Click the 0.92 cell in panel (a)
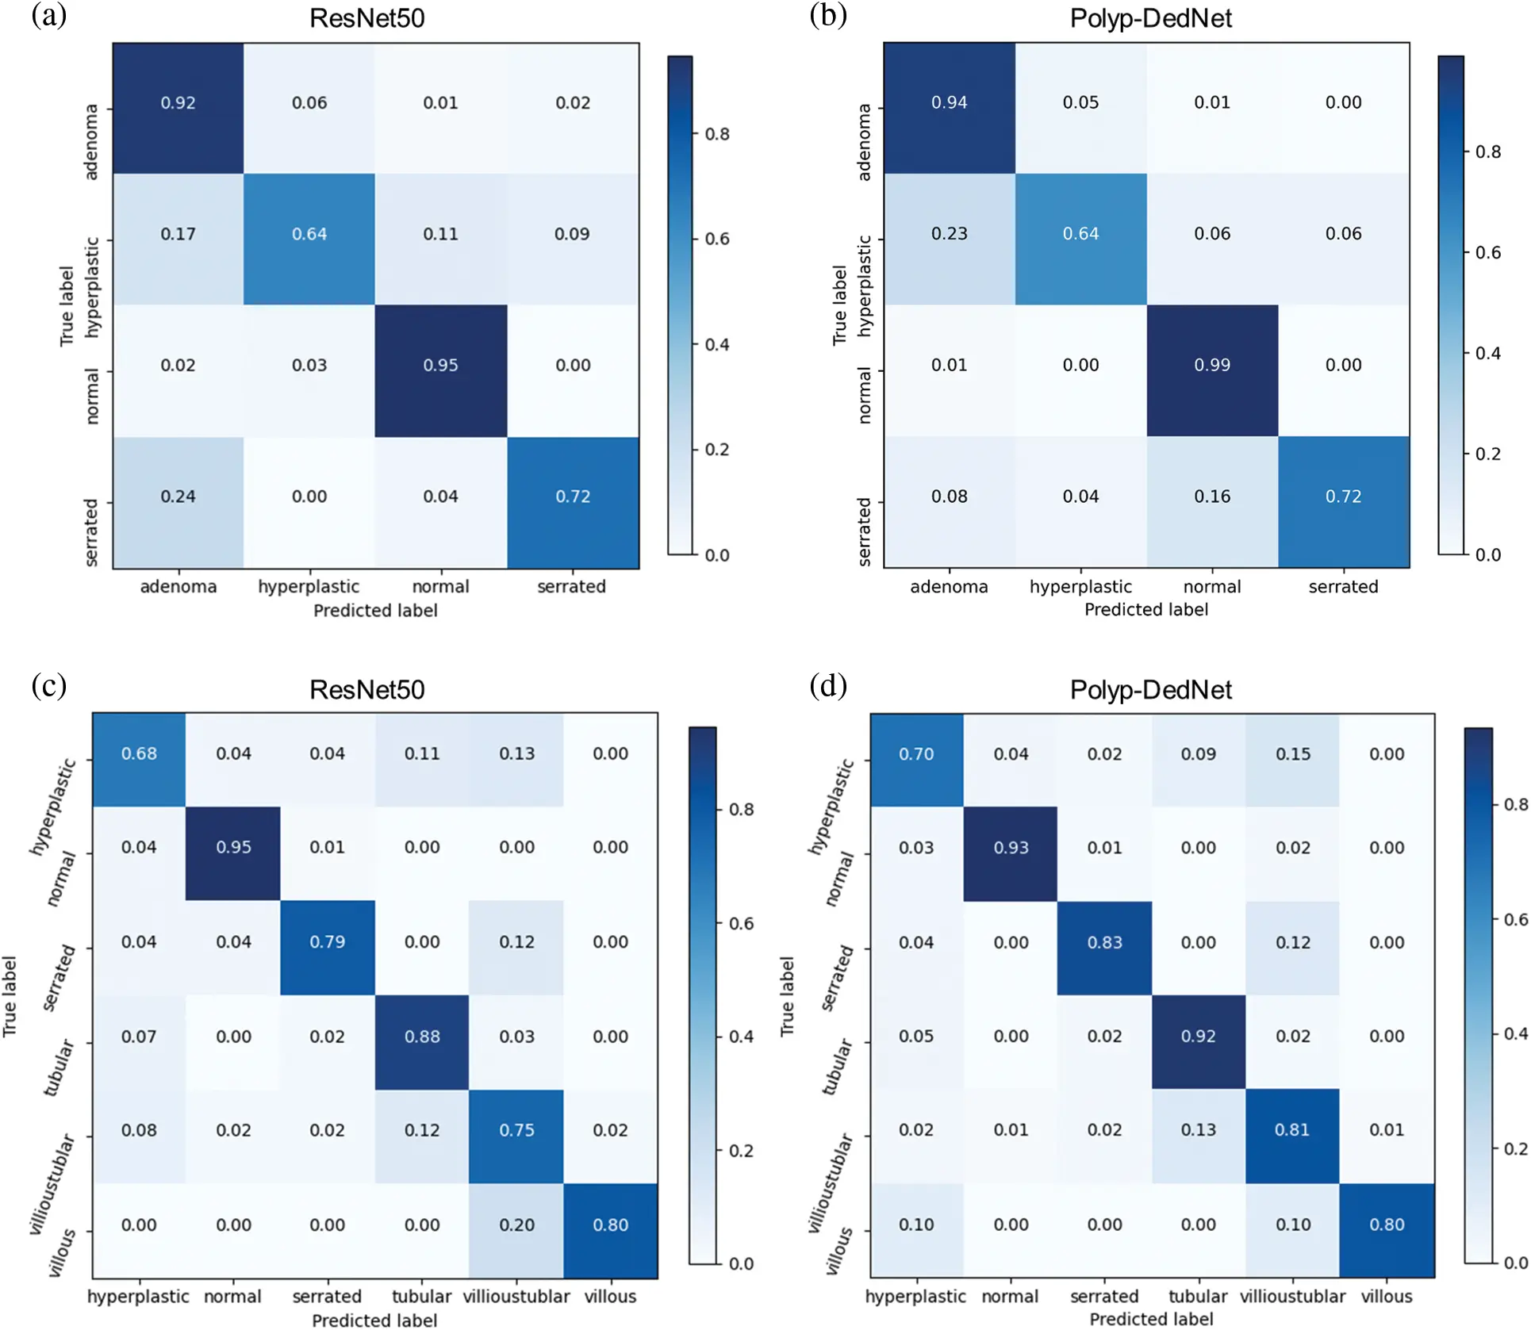click(178, 103)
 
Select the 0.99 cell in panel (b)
click(1211, 366)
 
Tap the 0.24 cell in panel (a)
click(178, 496)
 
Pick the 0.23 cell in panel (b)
click(949, 234)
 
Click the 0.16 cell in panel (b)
click(1211, 496)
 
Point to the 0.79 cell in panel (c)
click(327, 941)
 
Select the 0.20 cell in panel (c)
click(516, 1225)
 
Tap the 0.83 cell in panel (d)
click(1104, 942)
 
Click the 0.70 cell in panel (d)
click(915, 754)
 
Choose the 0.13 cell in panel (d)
click(1198, 1129)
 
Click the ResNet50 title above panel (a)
click(366, 18)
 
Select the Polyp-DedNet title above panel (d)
click(1150, 689)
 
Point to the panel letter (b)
click(828, 16)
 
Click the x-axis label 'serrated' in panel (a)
click(571, 587)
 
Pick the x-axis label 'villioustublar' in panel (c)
click(516, 1296)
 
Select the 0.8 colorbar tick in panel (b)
click(1487, 151)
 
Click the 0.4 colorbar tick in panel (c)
click(741, 1037)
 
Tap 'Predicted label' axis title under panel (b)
click(1145, 610)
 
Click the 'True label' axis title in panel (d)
click(787, 996)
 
